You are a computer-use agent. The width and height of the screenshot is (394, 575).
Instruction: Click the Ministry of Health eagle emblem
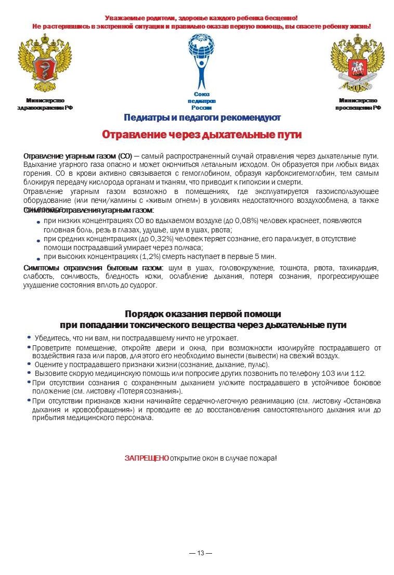tap(44, 62)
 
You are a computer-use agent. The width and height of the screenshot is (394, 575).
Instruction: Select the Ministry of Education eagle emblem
tap(358, 62)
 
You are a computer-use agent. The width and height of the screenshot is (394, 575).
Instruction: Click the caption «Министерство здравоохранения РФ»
tap(45, 104)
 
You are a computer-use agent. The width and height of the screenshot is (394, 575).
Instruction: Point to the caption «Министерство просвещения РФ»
tap(358, 104)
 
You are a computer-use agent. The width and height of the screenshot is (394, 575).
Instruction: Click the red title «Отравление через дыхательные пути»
tap(202, 135)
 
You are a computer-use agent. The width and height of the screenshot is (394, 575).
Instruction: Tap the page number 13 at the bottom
tap(201, 553)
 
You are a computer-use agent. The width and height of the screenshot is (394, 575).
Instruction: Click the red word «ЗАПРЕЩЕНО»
tap(147, 458)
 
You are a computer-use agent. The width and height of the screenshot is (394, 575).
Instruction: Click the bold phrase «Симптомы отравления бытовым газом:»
tap(94, 268)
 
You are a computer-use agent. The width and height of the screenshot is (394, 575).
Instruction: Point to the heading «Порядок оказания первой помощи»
tap(203, 314)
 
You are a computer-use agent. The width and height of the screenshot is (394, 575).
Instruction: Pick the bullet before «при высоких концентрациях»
tap(38, 258)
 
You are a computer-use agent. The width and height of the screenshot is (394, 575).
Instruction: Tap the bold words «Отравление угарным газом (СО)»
tap(78, 156)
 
